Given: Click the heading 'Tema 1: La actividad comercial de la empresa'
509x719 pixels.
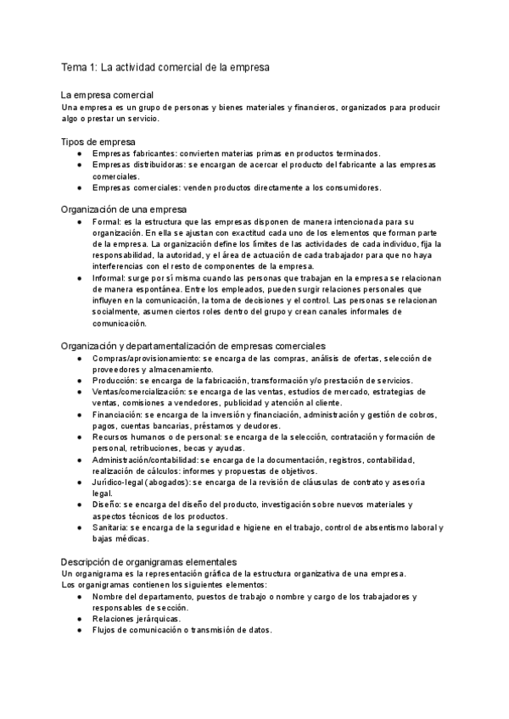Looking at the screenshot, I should point(165,66).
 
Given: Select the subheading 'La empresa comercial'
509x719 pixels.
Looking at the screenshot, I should point(108,96).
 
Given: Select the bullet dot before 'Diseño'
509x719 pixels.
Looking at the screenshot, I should point(80,505).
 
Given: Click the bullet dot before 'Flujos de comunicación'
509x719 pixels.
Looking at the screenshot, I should point(80,630).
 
